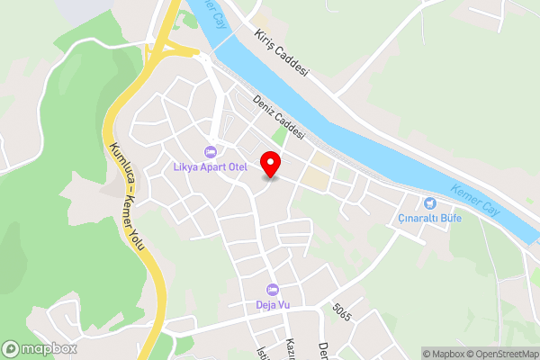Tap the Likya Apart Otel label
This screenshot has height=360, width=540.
click(210, 166)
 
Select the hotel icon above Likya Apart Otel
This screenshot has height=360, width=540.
click(211, 151)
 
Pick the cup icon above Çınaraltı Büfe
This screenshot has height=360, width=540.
click(429, 203)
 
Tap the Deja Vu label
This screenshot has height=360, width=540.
click(272, 304)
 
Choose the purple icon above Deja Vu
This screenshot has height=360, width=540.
click(272, 289)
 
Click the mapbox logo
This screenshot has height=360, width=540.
click(40, 348)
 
